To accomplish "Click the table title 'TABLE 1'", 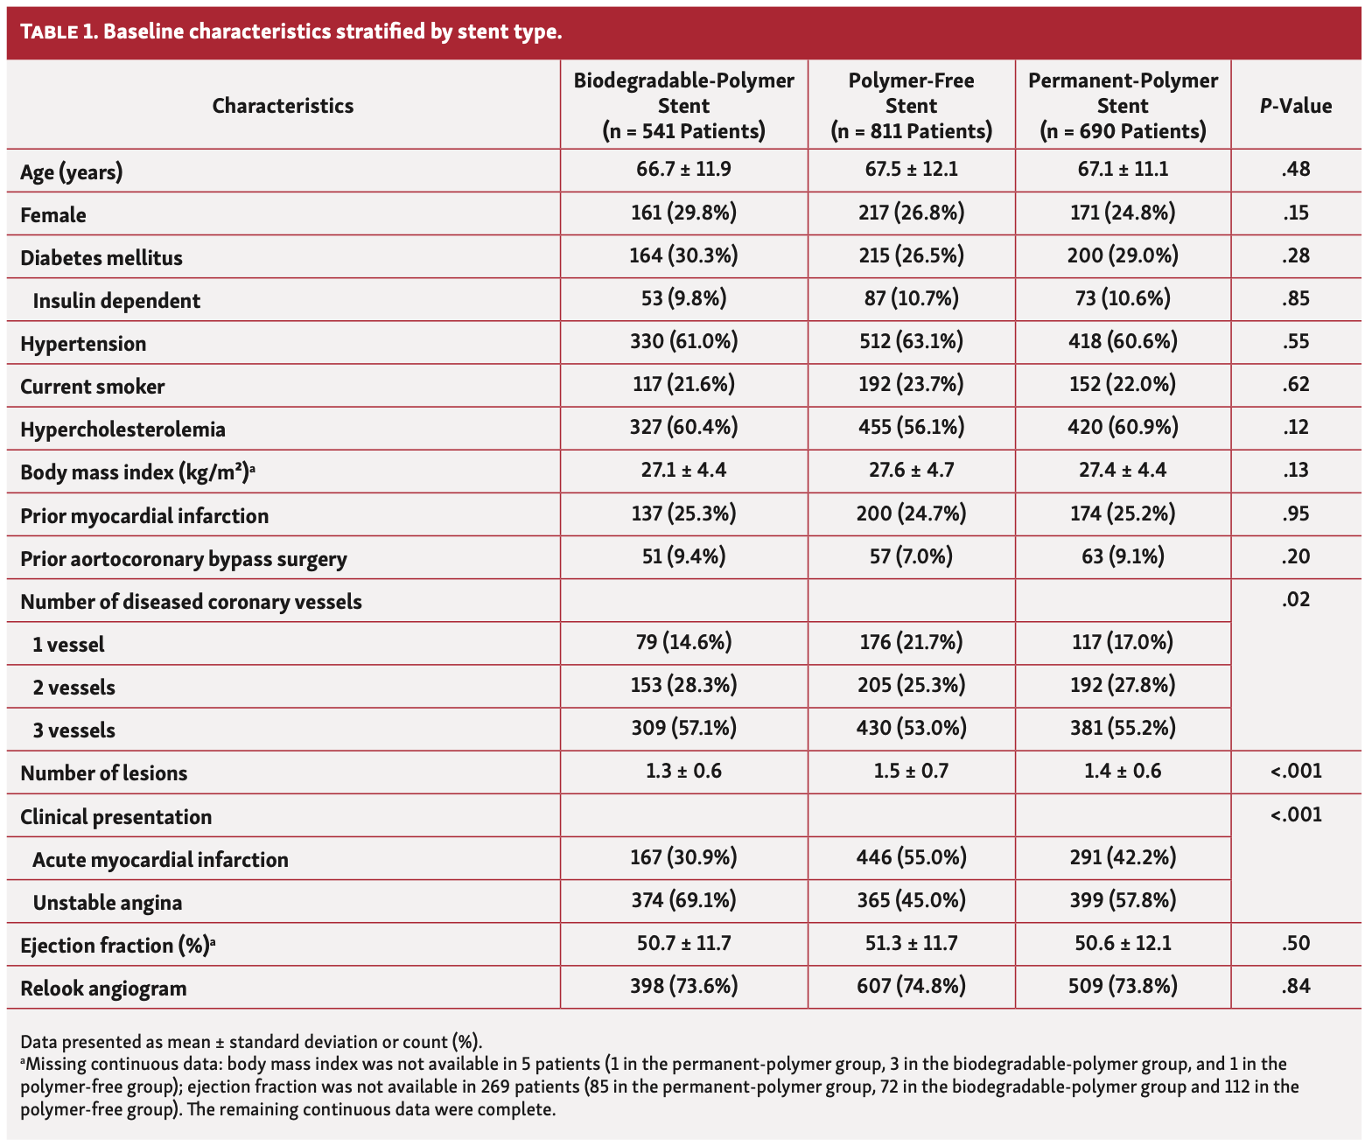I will tap(59, 33).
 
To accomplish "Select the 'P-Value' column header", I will tap(1295, 107).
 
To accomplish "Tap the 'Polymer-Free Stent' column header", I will tap(911, 106).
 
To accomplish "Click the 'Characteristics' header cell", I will tap(283, 107).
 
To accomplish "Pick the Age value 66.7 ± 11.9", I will tap(683, 169).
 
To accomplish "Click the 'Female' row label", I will tap(53, 215).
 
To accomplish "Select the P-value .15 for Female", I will tap(1295, 213).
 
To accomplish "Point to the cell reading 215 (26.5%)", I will tap(911, 255).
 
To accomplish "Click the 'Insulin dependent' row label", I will tap(116, 301).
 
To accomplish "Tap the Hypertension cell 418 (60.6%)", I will tap(1123, 341).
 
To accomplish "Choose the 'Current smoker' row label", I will tap(92, 387).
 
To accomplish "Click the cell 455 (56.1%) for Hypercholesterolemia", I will tap(911, 427).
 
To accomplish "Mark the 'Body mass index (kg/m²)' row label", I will tap(137, 473).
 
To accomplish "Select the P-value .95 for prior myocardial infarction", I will tap(1295, 514).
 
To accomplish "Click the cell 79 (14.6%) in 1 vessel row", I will tap(683, 643).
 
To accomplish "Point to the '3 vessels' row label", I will tap(73, 730).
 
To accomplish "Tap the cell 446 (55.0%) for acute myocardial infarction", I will tap(911, 857).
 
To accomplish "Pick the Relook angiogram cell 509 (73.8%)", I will tap(1123, 987).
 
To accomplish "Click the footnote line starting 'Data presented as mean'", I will tap(251, 1042).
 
